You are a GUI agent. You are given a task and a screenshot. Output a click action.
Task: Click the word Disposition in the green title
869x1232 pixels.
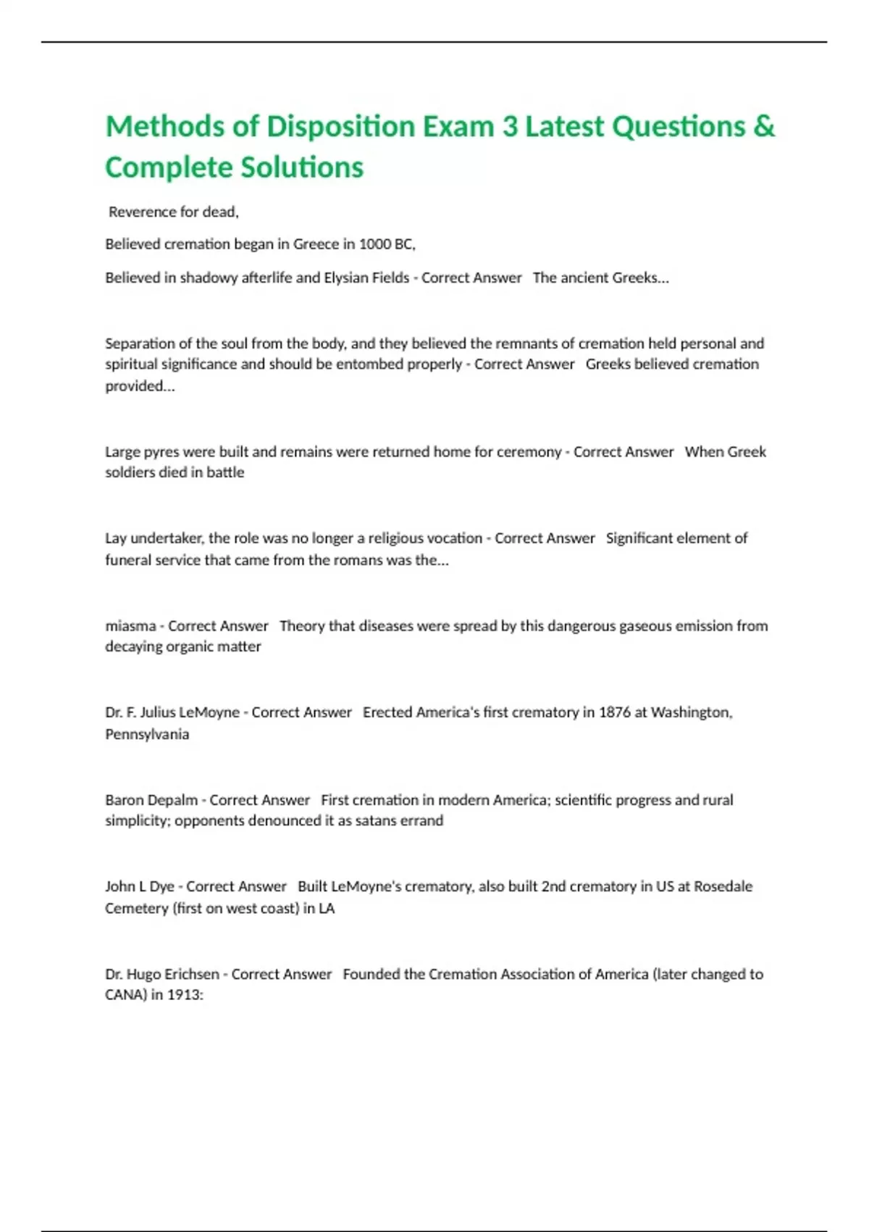[340, 127]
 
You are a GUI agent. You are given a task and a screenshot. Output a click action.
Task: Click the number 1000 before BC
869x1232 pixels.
[374, 244]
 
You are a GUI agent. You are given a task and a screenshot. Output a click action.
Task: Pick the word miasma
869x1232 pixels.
[130, 625]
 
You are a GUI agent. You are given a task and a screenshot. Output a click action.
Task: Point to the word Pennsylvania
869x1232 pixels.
[147, 734]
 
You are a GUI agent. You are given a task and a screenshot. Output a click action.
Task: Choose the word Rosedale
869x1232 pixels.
[723, 886]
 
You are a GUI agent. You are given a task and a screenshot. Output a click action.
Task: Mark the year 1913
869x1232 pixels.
[184, 995]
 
